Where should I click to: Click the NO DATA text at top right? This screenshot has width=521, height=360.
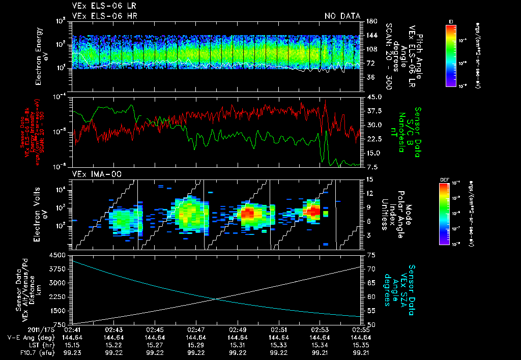(342, 16)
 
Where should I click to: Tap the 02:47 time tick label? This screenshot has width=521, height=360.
(196, 329)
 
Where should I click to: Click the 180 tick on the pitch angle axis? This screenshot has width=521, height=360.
(370, 21)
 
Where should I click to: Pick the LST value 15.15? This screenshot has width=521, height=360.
(72, 344)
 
